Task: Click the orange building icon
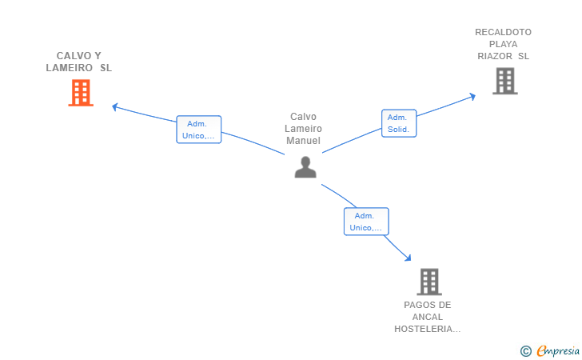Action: coord(81,93)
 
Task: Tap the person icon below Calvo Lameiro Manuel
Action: coord(305,167)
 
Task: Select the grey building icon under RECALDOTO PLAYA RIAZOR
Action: coord(505,81)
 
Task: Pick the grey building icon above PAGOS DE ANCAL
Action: coord(429,282)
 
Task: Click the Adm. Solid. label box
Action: coord(399,123)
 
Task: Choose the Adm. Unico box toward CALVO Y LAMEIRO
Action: coord(199,130)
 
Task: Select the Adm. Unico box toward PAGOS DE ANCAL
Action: coord(366,222)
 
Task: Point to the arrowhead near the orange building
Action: coord(115,107)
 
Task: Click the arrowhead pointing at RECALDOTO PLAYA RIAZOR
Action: coord(472,97)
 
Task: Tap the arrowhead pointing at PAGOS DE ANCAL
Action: coord(408,258)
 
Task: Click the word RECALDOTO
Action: coord(504,32)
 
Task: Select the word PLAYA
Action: coord(504,44)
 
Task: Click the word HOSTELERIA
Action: coord(427,329)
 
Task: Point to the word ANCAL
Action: coord(428,317)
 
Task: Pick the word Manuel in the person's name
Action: coord(303,141)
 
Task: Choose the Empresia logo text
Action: coord(558,350)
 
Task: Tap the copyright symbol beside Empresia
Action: coord(526,351)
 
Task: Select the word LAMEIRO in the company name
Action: coord(69,68)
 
